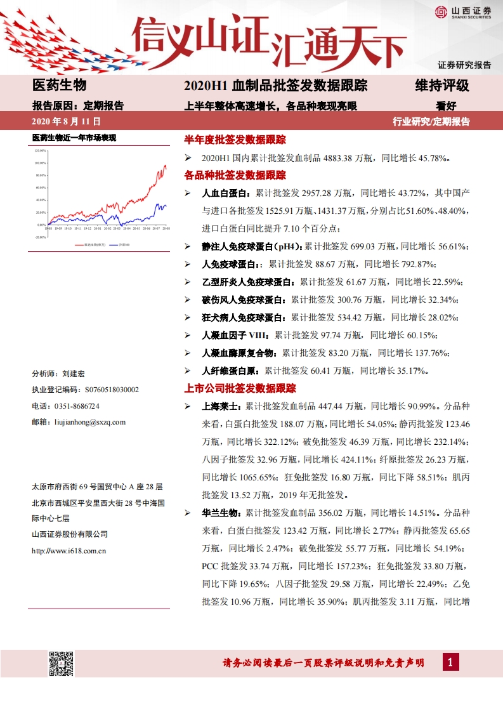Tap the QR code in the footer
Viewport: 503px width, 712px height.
(62, 663)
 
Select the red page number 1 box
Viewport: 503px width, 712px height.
(450, 663)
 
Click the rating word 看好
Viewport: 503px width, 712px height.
(446, 105)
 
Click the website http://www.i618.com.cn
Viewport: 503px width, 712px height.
(69, 551)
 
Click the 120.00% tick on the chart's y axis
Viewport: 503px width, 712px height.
(41, 151)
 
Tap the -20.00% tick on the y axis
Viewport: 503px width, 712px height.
(41, 237)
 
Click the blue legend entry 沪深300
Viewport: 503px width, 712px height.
(124, 244)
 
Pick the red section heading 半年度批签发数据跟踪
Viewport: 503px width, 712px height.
(235, 139)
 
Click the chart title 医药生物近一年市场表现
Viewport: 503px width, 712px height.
(74, 138)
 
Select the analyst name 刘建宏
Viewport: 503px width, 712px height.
(74, 374)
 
